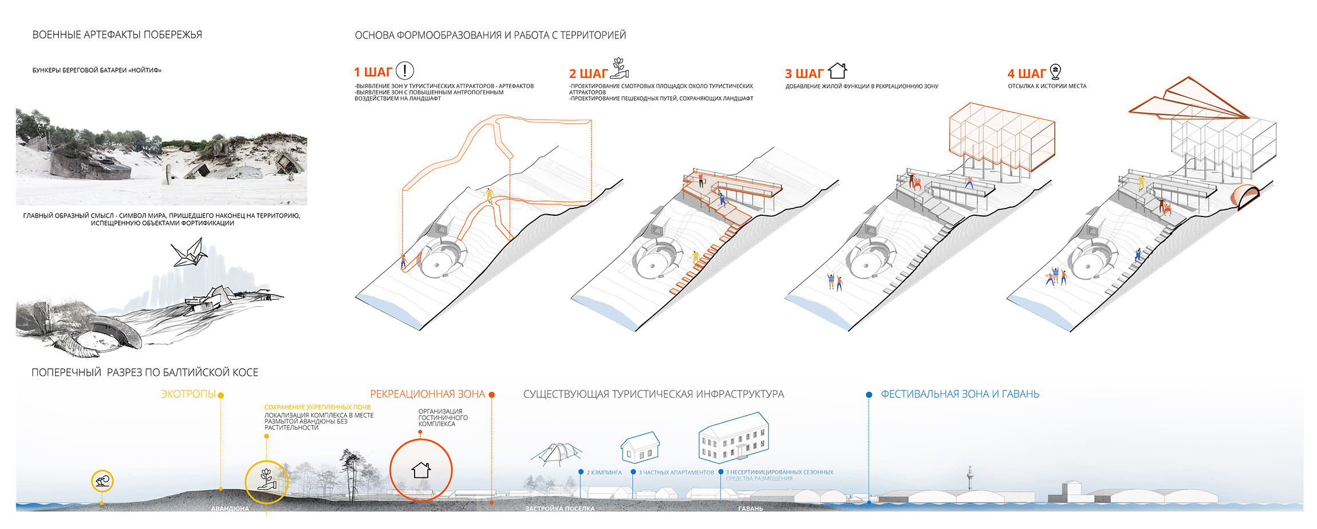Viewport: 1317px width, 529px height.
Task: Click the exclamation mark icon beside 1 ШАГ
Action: [x=404, y=70]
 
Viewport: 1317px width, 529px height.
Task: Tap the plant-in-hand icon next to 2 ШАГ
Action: [x=620, y=68]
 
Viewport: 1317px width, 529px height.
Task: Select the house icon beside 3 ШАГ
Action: [x=837, y=71]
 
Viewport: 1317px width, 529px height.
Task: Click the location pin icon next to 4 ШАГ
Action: [x=1055, y=72]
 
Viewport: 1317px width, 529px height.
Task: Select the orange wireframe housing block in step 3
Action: [x=1002, y=137]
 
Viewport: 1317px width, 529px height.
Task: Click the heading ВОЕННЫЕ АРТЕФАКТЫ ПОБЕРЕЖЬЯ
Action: [x=117, y=35]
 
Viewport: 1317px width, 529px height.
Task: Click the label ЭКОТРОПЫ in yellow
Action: [x=188, y=394]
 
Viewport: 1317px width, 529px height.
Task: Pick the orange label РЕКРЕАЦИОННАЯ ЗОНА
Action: [x=427, y=394]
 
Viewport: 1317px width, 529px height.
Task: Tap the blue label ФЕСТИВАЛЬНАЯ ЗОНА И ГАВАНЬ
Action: [x=960, y=394]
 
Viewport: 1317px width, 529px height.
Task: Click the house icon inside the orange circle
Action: [x=421, y=470]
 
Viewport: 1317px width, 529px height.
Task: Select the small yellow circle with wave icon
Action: [x=102, y=481]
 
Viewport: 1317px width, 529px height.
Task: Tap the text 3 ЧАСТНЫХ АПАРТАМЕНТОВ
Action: [x=676, y=473]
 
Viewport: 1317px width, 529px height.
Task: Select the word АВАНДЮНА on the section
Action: [x=230, y=508]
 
